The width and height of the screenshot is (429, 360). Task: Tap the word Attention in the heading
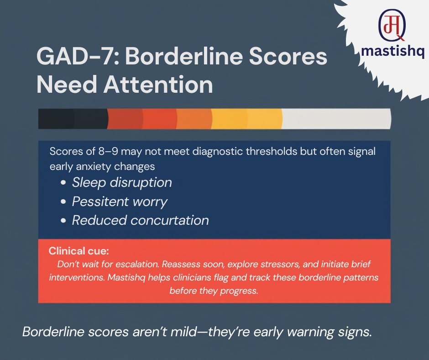(158, 85)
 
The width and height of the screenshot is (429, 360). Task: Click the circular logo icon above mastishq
(392, 25)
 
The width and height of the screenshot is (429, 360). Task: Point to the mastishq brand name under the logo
(392, 51)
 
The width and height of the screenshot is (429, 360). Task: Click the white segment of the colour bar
(336, 119)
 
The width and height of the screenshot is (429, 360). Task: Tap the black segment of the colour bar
(73, 119)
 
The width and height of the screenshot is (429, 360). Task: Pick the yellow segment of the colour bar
(246, 119)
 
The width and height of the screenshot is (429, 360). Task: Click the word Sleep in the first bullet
(89, 183)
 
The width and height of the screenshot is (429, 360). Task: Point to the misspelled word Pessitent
(100, 201)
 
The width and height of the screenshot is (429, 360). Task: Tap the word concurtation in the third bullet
(170, 220)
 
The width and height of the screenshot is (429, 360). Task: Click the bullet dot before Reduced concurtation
(63, 221)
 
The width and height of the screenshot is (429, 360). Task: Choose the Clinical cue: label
(79, 251)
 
